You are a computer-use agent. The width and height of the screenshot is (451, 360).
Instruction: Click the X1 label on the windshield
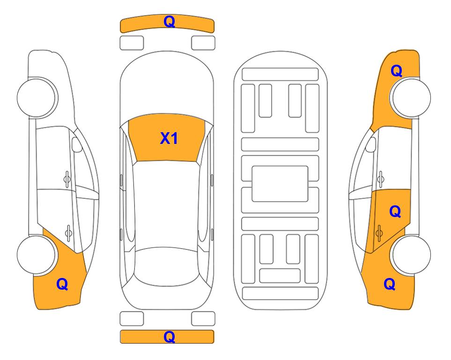click(x=169, y=138)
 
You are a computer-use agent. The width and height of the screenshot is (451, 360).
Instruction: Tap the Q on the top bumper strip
click(x=169, y=21)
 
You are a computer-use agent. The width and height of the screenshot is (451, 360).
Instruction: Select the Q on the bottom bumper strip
click(x=169, y=337)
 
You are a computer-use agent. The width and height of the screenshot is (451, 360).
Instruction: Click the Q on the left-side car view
click(x=62, y=284)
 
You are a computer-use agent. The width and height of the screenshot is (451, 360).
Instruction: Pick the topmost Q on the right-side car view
click(x=396, y=71)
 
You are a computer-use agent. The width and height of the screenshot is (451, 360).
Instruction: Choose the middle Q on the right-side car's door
click(x=395, y=212)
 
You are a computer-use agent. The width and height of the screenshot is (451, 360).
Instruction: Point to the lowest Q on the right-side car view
click(x=390, y=284)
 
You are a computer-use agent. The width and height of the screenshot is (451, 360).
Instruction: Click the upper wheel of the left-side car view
click(x=36, y=97)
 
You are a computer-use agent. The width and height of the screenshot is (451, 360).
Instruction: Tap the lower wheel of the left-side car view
click(x=36, y=255)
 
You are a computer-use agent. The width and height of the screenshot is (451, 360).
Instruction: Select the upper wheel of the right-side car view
click(x=411, y=97)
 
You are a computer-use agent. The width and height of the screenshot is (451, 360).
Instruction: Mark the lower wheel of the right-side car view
click(x=411, y=255)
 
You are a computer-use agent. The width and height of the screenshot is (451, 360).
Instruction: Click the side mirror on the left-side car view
click(x=77, y=144)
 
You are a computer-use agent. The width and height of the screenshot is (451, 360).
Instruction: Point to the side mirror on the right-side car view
click(x=371, y=144)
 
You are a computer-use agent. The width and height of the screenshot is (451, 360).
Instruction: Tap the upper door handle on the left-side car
click(x=67, y=180)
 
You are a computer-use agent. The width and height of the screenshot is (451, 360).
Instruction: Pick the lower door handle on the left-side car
click(x=68, y=232)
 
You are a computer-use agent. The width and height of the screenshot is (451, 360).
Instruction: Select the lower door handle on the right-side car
click(x=379, y=233)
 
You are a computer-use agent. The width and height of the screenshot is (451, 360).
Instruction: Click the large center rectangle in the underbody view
click(x=280, y=184)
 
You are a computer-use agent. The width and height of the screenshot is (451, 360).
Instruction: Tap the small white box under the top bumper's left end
click(x=132, y=43)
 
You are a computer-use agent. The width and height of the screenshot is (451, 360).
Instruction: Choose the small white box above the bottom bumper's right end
click(x=203, y=319)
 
